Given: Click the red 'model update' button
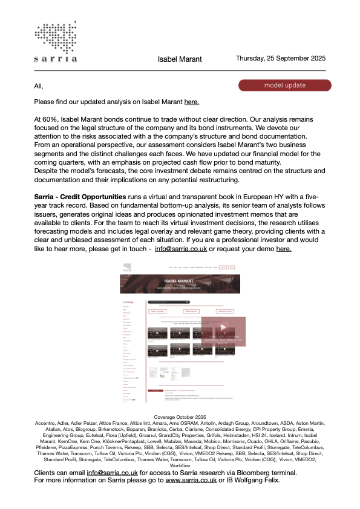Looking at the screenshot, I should tap(284, 85).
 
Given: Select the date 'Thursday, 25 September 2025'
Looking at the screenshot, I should tap(280, 59).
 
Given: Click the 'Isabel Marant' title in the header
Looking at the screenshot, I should tap(180, 59).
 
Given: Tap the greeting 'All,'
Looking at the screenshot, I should tap(39, 86).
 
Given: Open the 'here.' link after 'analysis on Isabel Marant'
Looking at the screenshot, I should tap(191, 102).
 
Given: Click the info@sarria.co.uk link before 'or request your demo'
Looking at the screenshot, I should tap(181, 248).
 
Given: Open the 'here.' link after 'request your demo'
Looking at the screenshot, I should tap(284, 248).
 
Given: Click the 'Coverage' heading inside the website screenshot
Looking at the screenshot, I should tap(128, 301).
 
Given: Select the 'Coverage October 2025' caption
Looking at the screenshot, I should tap(180, 418).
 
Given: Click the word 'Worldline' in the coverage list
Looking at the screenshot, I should tap(180, 465).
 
